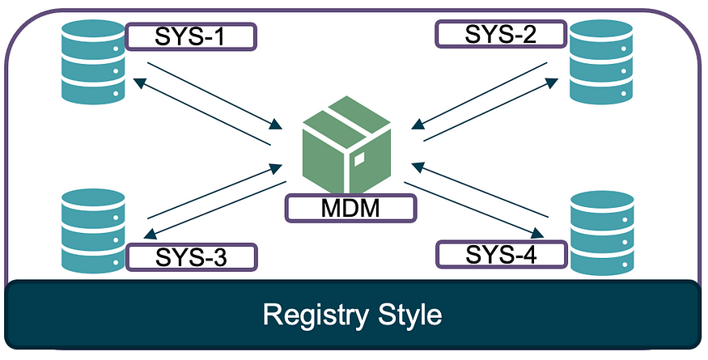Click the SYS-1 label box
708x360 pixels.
pyautogui.click(x=191, y=36)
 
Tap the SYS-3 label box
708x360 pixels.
pyautogui.click(x=191, y=257)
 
